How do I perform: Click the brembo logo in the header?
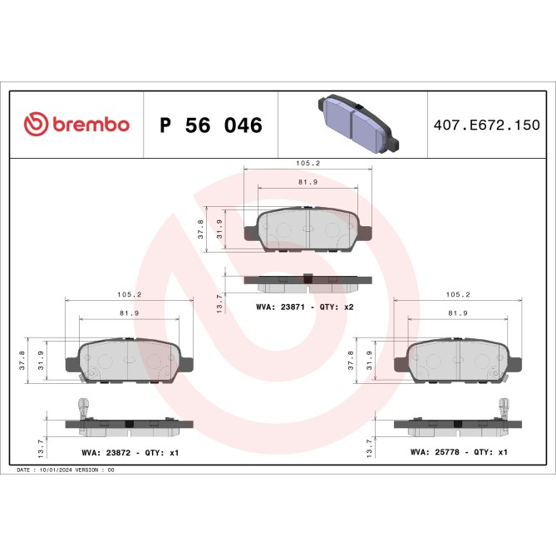click(x=76, y=125)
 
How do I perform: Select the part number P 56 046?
click(x=210, y=125)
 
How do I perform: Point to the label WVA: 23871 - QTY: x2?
click(x=305, y=308)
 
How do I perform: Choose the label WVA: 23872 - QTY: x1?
click(x=130, y=453)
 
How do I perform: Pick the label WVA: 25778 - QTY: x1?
click(x=459, y=453)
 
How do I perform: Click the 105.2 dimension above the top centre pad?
click(x=307, y=163)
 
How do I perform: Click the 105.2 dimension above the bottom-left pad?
click(x=129, y=295)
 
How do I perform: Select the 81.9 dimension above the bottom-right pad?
click(x=457, y=312)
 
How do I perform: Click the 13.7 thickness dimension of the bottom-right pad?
click(x=368, y=447)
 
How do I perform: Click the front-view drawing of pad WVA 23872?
click(x=130, y=358)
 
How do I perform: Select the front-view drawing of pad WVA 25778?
click(x=458, y=358)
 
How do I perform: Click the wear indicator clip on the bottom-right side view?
click(x=504, y=408)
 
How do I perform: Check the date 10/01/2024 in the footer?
click(x=57, y=470)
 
